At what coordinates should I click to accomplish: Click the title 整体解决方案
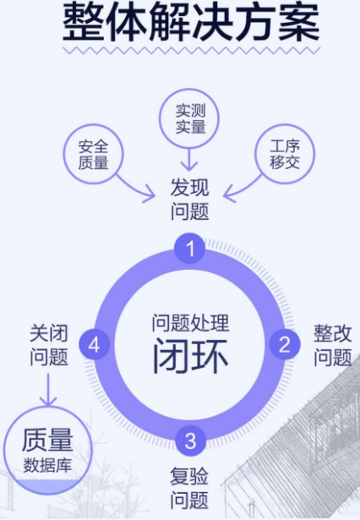pos(191,22)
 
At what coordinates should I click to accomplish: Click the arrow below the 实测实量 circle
pos(189,160)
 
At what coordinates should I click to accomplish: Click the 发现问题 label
pos(189,200)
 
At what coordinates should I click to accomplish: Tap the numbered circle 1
pos(189,249)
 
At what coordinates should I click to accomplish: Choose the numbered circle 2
pos(285,344)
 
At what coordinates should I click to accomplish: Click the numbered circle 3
pos(190,441)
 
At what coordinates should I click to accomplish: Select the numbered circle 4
pos(94,344)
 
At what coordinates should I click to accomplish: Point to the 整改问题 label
pos(332,345)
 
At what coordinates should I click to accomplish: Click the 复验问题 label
pos(189,488)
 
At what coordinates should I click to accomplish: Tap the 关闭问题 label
pos(49,345)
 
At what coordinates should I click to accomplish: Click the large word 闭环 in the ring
pos(190,356)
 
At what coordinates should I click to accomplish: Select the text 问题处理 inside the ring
pos(190,323)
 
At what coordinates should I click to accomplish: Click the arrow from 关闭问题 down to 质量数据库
pos(48,390)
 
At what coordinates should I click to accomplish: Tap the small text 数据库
pos(47,465)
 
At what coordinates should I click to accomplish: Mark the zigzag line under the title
pos(191,51)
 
